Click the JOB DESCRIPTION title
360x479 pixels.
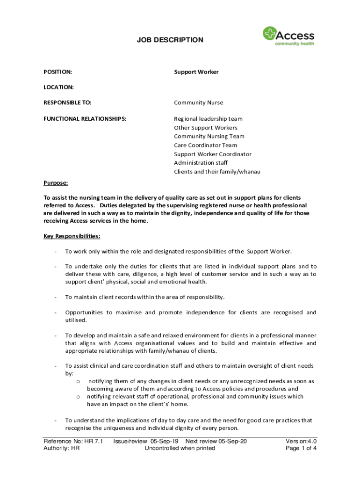tap(170, 40)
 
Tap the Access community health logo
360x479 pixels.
tap(288, 36)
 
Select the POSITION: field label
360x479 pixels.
tap(58, 72)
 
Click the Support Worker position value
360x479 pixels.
tap(196, 72)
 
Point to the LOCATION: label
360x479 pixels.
tap(58, 87)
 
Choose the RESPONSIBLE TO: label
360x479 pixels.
tap(67, 102)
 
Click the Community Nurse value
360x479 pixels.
tap(198, 102)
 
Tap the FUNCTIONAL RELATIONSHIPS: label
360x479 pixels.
tap(85, 119)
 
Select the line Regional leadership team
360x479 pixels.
tap(208, 119)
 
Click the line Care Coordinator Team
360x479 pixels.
tap(205, 145)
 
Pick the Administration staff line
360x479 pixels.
tap(201, 163)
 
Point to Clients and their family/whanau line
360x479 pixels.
tap(217, 172)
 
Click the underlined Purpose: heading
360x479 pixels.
tap(56, 183)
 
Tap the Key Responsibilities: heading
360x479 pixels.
tap(72, 236)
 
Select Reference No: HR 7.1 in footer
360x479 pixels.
tap(73, 441)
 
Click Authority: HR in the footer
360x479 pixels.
tap(61, 448)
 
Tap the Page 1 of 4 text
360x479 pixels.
tap(301, 448)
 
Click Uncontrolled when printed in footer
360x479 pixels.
tap(180, 448)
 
